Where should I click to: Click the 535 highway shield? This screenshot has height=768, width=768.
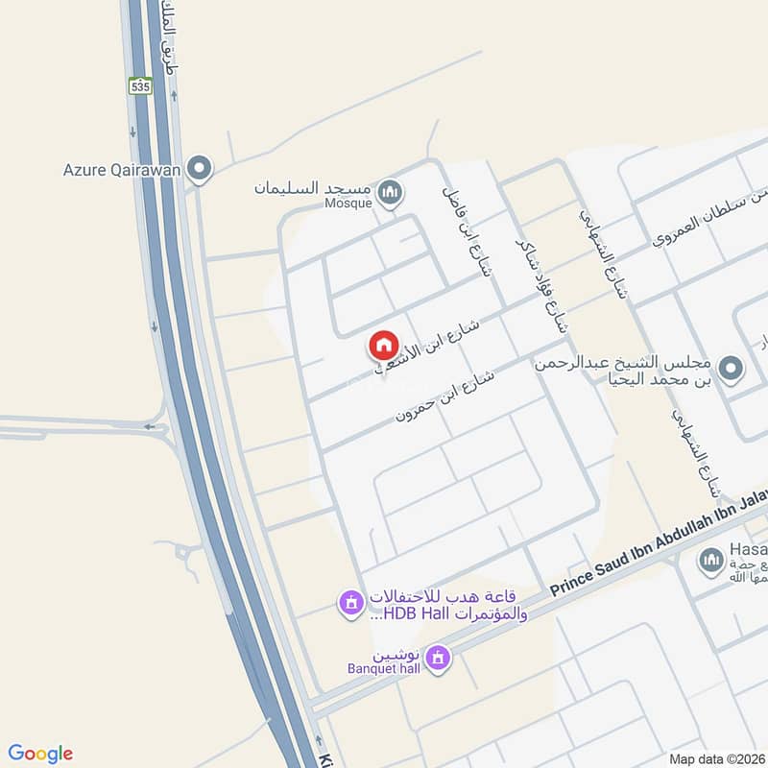[x=142, y=84]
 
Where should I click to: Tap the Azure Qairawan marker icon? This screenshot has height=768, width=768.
[x=200, y=170]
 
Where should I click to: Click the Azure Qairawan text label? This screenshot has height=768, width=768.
[x=123, y=170]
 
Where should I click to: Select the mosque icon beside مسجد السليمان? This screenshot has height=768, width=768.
[x=390, y=193]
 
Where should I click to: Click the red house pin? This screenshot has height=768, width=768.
[x=382, y=345]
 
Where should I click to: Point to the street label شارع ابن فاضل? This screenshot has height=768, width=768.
[x=467, y=229]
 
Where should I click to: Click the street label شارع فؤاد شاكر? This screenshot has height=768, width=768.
[x=540, y=278]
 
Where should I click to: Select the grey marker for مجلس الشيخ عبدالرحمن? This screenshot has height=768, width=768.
[x=732, y=368]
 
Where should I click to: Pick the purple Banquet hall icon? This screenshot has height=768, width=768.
[x=439, y=658]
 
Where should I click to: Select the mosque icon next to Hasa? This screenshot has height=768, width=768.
[x=710, y=560]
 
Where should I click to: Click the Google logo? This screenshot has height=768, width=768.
[x=40, y=753]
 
